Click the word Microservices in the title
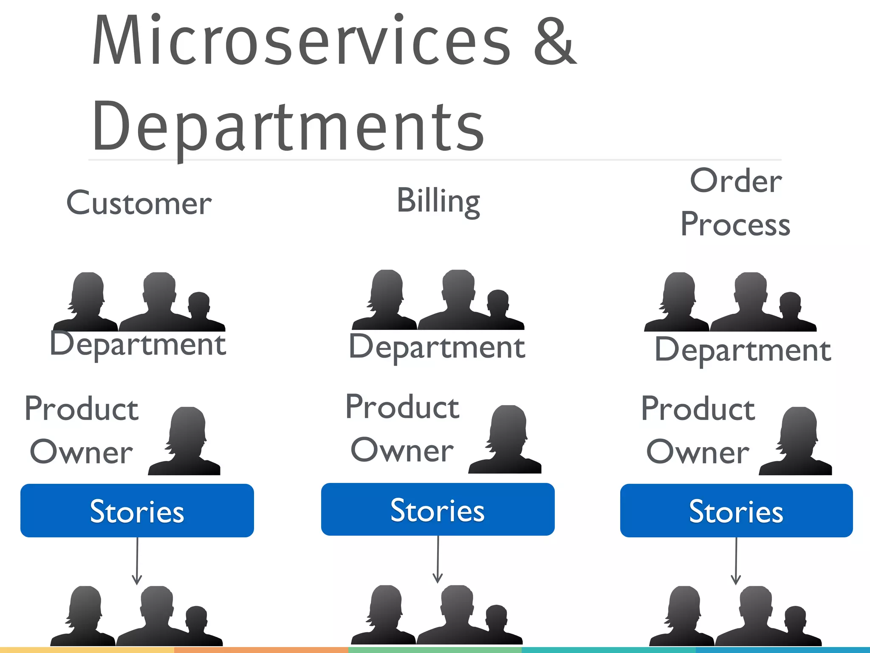pyautogui.click(x=301, y=40)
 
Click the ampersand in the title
pyautogui.click(x=555, y=40)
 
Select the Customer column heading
pyautogui.click(x=139, y=203)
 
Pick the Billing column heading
pyautogui.click(x=438, y=201)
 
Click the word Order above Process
pyautogui.click(x=736, y=181)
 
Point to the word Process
pyautogui.click(x=735, y=224)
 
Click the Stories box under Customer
pyautogui.click(x=137, y=511)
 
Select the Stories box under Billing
pyautogui.click(x=438, y=509)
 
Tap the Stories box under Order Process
pyautogui.click(x=736, y=511)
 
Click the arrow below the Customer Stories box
pyautogui.click(x=137, y=561)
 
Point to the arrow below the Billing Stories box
pyautogui.click(x=438, y=559)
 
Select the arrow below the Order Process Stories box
pyautogui.click(x=736, y=561)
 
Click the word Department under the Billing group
pyautogui.click(x=437, y=347)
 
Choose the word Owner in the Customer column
pyautogui.click(x=81, y=452)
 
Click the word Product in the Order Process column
pyautogui.click(x=698, y=409)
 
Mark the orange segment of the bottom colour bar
pyautogui.click(x=261, y=650)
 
